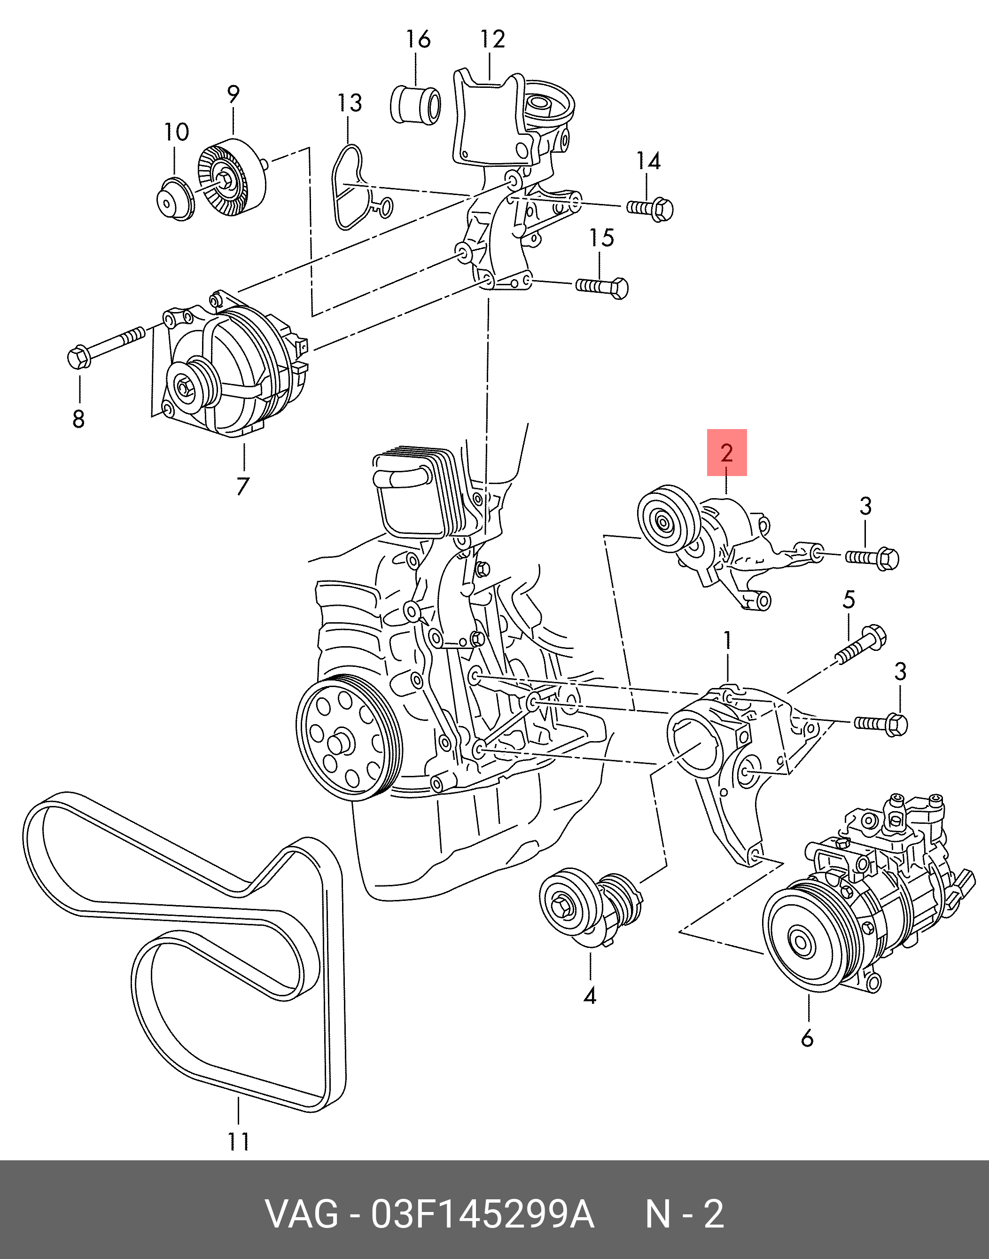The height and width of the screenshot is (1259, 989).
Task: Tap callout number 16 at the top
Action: tap(418, 39)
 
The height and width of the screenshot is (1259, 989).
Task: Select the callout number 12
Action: tap(493, 39)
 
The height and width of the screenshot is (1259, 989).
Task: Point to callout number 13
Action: tap(350, 103)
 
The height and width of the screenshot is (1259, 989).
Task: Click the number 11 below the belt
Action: tap(239, 1141)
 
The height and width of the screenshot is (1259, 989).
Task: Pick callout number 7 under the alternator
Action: tap(242, 486)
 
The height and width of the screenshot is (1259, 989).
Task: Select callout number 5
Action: tap(849, 599)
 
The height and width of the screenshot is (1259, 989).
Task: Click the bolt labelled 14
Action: tap(650, 209)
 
